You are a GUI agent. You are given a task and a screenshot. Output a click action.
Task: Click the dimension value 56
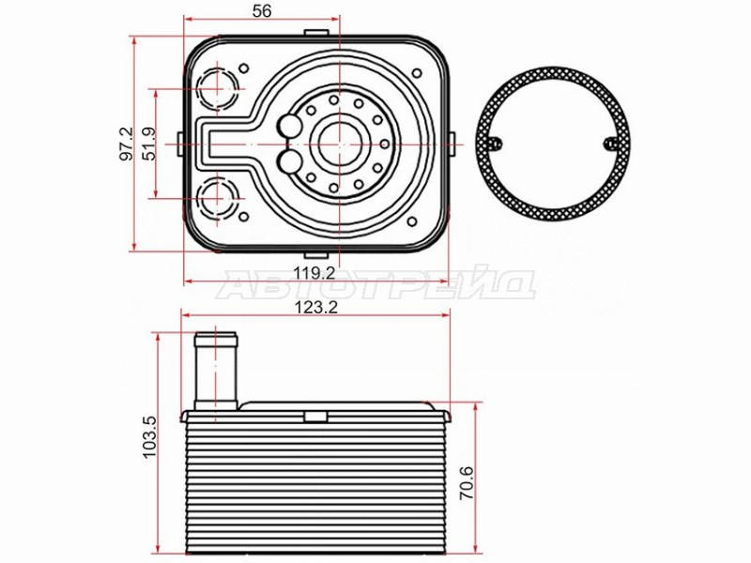(262, 10)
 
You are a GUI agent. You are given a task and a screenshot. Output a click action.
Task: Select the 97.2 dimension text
(127, 145)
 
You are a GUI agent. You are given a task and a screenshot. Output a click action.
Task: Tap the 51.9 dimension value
(149, 145)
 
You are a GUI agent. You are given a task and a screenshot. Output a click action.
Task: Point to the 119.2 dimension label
(314, 273)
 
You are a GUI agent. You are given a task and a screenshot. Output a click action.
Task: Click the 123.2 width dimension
(315, 307)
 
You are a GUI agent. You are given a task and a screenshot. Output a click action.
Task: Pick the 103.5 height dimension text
(149, 436)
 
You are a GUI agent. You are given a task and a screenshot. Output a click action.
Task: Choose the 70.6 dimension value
(467, 482)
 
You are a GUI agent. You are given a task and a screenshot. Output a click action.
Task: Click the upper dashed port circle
(219, 89)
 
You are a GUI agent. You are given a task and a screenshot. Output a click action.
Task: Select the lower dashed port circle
(219, 198)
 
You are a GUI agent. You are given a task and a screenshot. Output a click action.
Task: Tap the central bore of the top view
(339, 144)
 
